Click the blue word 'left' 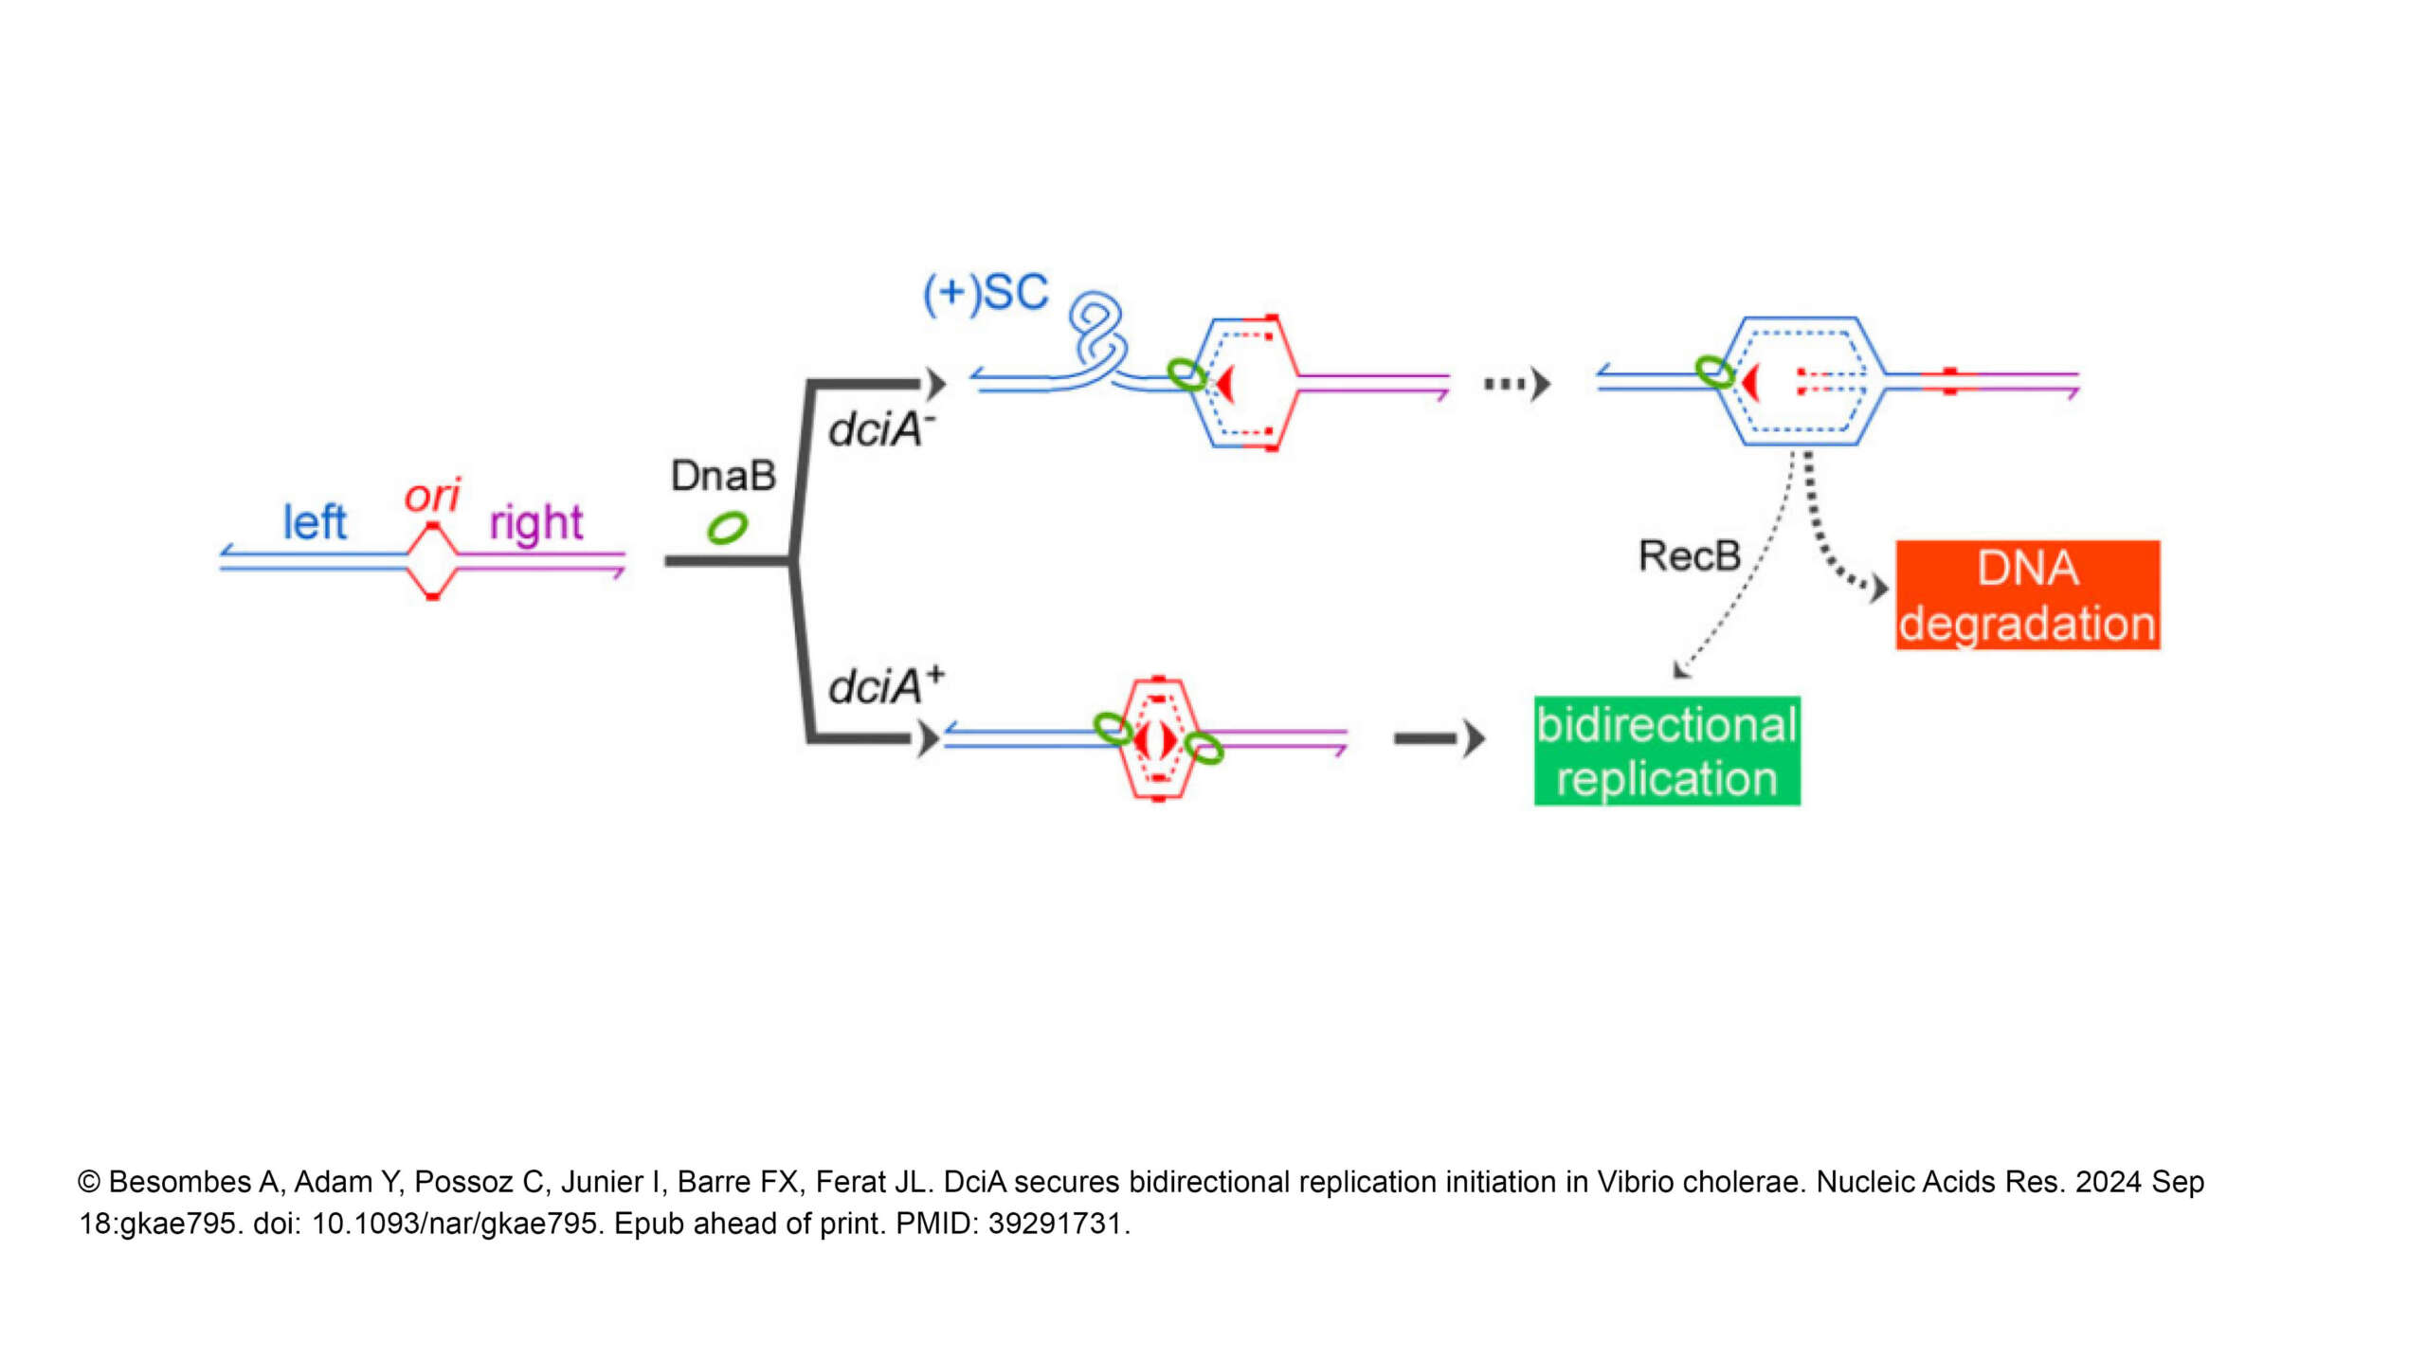tap(315, 522)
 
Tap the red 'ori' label tap(432, 496)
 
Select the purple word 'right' tap(535, 524)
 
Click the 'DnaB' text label tap(723, 476)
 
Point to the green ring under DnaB tap(727, 528)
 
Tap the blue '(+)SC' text tap(986, 292)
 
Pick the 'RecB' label tap(1690, 556)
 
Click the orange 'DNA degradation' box tap(2027, 595)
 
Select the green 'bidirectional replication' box tap(1666, 751)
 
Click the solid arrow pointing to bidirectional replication tap(1439, 738)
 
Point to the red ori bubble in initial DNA tap(432, 561)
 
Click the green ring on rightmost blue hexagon tap(1713, 372)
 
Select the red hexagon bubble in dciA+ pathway tap(1157, 739)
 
